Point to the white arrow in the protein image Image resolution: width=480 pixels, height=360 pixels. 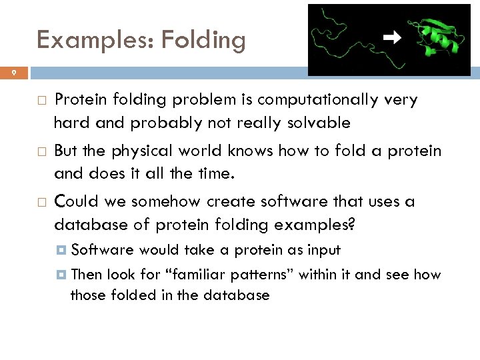tap(393, 38)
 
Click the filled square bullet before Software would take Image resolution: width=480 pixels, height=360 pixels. tap(61, 251)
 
